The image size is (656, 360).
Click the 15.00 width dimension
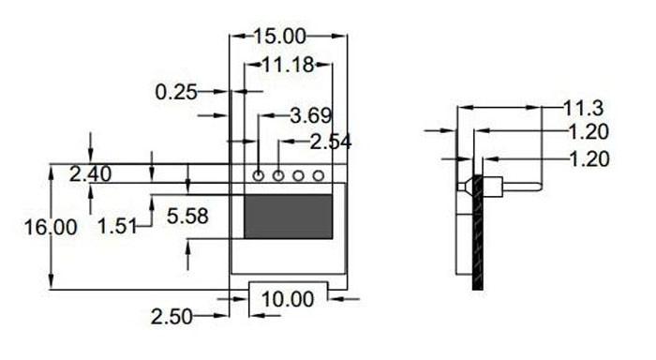(279, 37)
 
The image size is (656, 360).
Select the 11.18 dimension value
(289, 65)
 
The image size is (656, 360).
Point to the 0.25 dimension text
(176, 92)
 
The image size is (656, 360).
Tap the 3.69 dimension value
(310, 116)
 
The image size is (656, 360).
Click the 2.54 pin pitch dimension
(330, 142)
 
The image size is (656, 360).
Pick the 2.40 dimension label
(91, 173)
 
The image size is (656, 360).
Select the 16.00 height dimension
(51, 227)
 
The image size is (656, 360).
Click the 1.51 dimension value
(116, 225)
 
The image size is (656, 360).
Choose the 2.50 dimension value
(171, 317)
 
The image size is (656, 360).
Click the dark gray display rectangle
(288, 217)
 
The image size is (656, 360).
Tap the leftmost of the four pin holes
(259, 175)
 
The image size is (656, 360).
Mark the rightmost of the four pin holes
(319, 175)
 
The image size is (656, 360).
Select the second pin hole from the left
(278, 175)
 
